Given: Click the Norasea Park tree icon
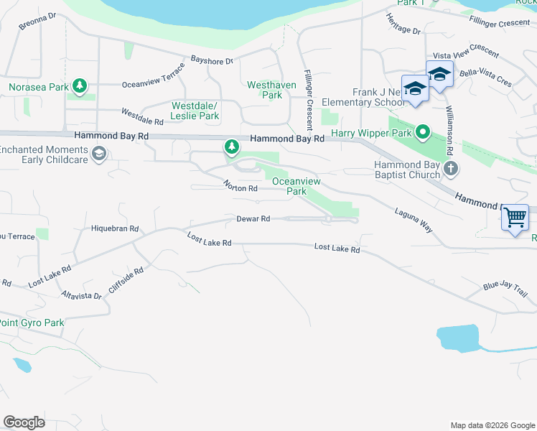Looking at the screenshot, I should point(80,87).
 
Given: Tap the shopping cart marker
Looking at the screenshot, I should point(515,216).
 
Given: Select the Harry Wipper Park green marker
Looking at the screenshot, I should point(423,132).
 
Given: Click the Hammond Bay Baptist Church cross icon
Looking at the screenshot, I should point(450,169).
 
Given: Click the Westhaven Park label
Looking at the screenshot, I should point(263,90).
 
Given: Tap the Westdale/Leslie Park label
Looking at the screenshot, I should point(195,111).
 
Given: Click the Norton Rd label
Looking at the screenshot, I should point(241,188).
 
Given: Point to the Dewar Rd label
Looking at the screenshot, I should point(254,218).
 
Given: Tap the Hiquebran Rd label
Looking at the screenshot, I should point(115,228).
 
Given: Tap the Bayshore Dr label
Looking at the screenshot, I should point(212,61).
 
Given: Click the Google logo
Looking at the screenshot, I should point(24,422).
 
